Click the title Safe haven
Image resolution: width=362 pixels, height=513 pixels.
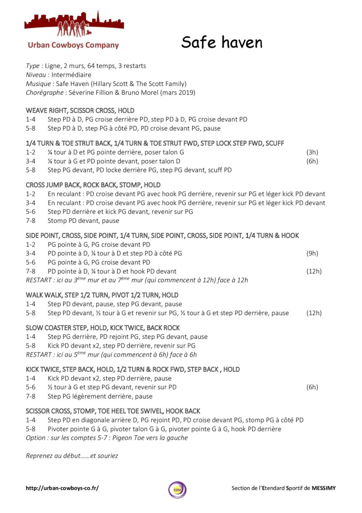(x=222, y=42)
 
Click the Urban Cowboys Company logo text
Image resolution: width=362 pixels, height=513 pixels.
(x=73, y=45)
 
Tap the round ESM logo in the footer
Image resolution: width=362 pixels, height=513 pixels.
(x=177, y=489)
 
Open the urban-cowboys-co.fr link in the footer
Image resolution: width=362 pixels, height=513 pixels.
(x=62, y=488)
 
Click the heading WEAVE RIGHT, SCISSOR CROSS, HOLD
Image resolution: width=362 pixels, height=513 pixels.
(x=80, y=110)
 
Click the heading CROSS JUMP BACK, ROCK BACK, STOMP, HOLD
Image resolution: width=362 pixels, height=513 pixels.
(x=93, y=185)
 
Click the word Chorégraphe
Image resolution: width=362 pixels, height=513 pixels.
(x=46, y=92)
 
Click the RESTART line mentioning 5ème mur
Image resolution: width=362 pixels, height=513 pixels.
(x=111, y=354)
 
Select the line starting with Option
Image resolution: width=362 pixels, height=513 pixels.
(x=107, y=438)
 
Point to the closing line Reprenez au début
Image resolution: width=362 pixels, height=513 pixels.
(x=72, y=455)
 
